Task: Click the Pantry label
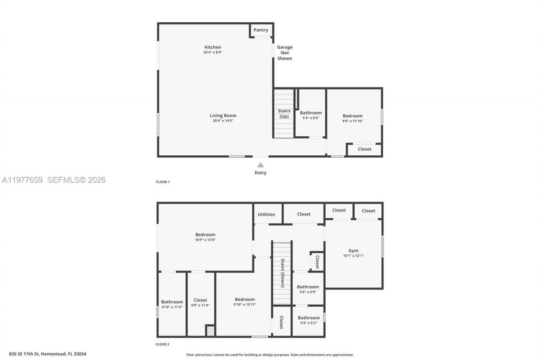pos(261,30)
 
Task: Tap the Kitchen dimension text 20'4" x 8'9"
pos(213,52)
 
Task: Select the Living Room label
pos(223,115)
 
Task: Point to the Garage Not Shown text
pos(285,53)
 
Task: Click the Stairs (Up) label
pos(284,114)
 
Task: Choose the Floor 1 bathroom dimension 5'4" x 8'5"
pos(310,118)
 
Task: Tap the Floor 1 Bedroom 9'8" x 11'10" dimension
pos(352,121)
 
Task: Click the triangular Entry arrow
pos(261,165)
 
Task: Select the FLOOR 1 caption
pos(163,182)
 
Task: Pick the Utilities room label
pos(266,214)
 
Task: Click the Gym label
pos(354,251)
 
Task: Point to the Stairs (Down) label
pos(282,273)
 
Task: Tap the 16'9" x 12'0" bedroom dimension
pos(205,240)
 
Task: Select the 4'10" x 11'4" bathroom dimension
pos(172,307)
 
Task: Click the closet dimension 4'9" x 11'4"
pos(200,305)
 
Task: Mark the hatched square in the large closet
pos(210,330)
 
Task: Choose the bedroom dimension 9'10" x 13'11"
pos(245,304)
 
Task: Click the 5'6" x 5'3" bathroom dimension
pos(308,323)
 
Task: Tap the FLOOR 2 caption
pos(162,344)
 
